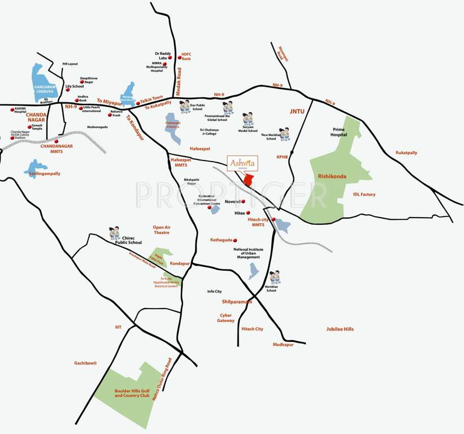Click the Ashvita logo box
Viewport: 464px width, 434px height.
[x=242, y=163]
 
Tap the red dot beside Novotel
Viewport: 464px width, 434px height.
[x=244, y=202]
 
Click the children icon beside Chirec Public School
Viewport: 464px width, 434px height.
[x=115, y=233]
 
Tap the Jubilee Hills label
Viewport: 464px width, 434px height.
[x=340, y=329]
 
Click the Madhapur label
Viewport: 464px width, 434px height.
[x=283, y=344]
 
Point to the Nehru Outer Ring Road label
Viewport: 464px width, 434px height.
[x=161, y=379]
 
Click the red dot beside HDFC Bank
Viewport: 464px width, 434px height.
[x=180, y=58]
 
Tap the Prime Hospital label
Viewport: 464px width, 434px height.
[x=350, y=132]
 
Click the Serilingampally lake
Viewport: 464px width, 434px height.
[x=36, y=167]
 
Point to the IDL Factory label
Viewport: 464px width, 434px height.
[x=364, y=194]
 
